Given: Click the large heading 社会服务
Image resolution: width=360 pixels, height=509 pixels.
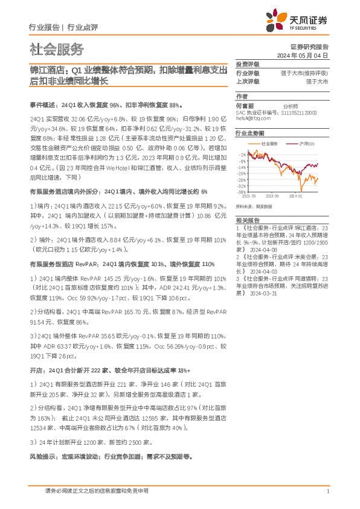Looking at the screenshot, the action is (57, 50).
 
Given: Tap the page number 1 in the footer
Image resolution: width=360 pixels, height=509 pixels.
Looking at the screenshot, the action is (327, 492).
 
